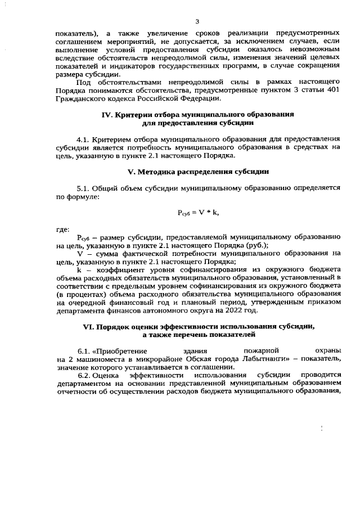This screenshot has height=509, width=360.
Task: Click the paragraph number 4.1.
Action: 83,138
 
